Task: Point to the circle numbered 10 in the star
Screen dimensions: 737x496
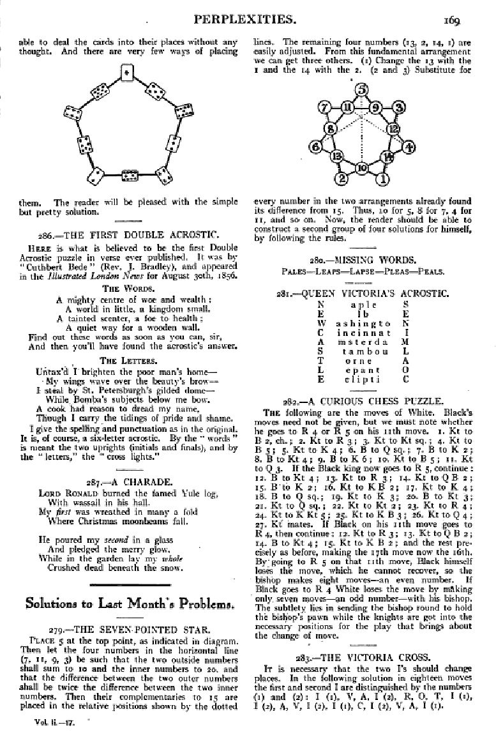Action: pyautogui.click(x=362, y=168)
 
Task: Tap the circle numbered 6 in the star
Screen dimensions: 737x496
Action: pyautogui.click(x=315, y=147)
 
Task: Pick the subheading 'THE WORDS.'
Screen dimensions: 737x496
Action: pyautogui.click(x=128, y=289)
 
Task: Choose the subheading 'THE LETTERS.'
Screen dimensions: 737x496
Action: pyautogui.click(x=128, y=360)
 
